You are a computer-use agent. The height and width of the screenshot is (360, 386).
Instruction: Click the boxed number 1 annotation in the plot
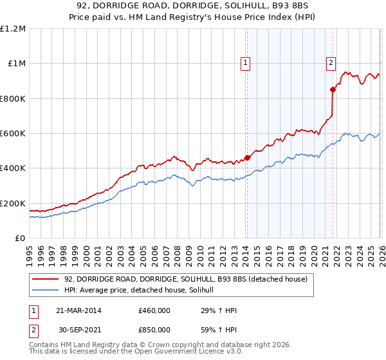tap(246, 63)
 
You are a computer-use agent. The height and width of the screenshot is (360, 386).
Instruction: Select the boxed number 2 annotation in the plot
tap(331, 63)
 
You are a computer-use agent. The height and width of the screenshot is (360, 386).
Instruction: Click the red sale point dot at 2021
tap(333, 90)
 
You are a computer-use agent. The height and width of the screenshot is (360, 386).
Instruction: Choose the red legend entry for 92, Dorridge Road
tap(186, 279)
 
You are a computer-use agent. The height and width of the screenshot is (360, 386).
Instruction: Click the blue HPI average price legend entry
tap(143, 290)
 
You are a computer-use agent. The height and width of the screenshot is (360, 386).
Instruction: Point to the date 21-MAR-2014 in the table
tap(78, 310)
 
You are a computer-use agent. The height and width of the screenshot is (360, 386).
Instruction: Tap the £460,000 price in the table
tap(154, 310)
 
